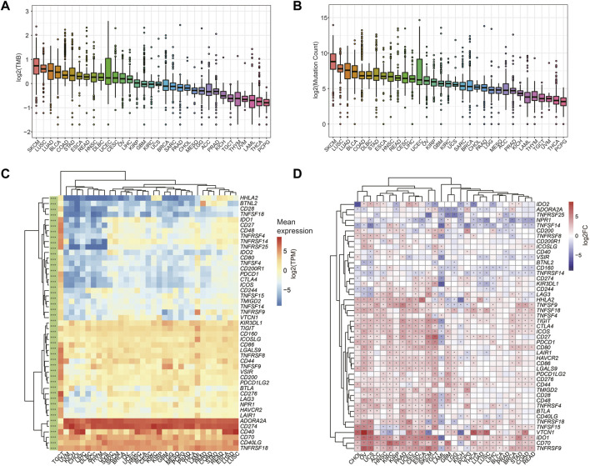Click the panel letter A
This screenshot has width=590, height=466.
tap(6, 6)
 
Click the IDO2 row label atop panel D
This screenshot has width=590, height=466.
tap(542, 203)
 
